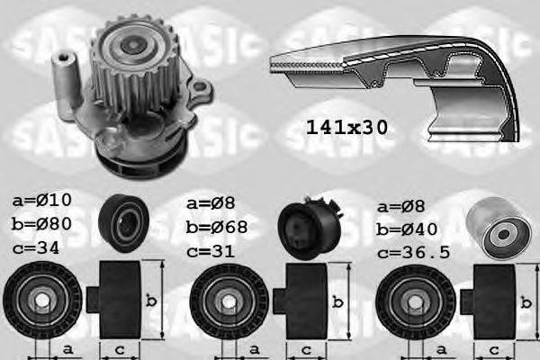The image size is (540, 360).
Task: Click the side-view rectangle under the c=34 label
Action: click(117, 298)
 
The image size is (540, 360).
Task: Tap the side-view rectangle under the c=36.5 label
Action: click(491, 298)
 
